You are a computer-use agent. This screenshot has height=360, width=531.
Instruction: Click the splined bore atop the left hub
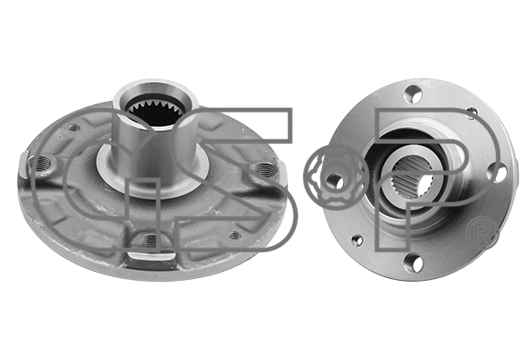pyautogui.click(x=155, y=111)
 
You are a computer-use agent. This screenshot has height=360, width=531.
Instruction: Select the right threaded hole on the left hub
pyautogui.click(x=266, y=168)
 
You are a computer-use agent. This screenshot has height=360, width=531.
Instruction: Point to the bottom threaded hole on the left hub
pyautogui.click(x=153, y=240)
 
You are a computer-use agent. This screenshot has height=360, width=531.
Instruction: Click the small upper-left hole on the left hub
pyautogui.click(x=75, y=128)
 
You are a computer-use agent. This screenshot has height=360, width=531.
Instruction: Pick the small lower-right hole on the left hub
pyautogui.click(x=235, y=235)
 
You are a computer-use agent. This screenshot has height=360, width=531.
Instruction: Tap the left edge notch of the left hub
pyautogui.click(x=23, y=165)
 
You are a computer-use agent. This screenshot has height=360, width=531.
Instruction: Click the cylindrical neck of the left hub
pyautogui.click(x=155, y=142)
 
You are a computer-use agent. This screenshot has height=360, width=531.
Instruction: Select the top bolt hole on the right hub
pyautogui.click(x=413, y=94)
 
